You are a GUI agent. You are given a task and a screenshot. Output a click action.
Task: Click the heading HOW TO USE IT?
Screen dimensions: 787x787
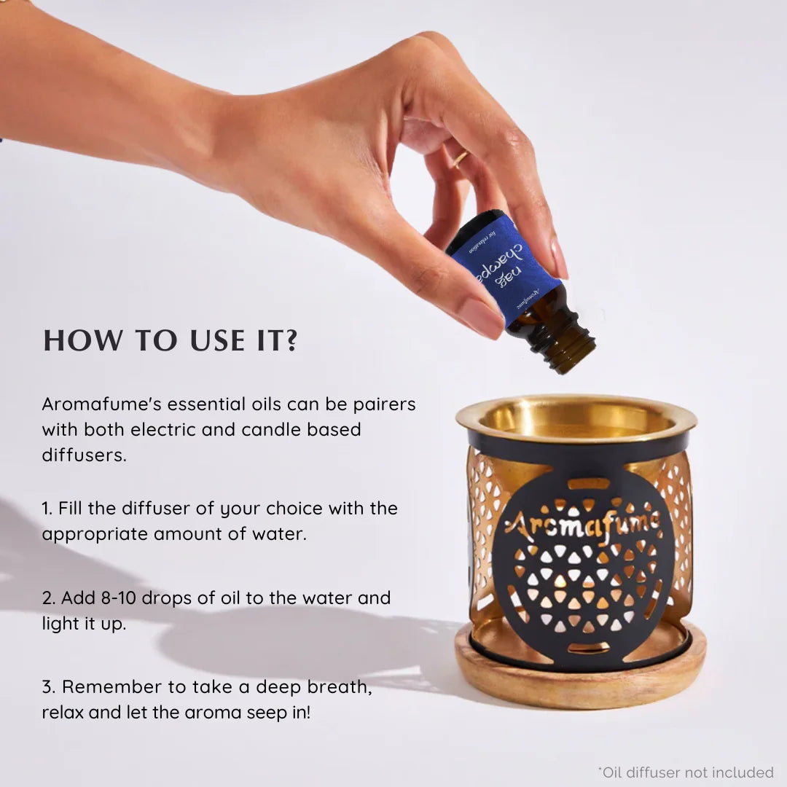click(x=171, y=341)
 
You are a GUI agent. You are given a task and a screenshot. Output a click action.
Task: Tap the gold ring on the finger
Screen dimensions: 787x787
click(x=461, y=159)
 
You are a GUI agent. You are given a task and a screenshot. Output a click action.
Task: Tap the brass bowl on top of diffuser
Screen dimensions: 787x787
click(x=576, y=420)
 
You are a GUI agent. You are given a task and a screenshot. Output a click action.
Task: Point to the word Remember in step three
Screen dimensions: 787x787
click(x=106, y=686)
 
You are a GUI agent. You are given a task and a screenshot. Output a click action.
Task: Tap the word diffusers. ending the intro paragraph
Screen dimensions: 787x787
click(x=84, y=455)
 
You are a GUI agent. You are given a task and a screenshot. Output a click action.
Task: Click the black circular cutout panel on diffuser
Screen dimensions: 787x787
click(x=579, y=576)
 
